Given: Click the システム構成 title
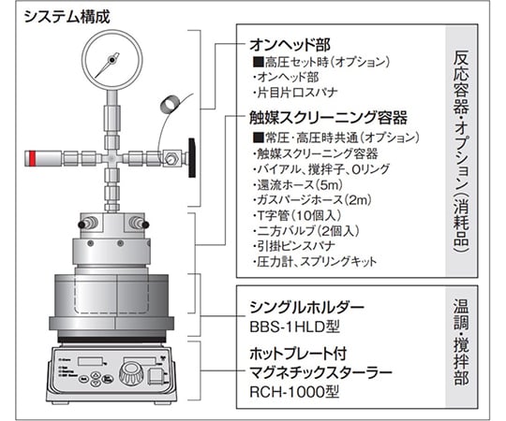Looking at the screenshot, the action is (67, 17).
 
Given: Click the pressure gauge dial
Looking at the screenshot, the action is (112, 60).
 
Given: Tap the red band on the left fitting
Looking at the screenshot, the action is (32, 158).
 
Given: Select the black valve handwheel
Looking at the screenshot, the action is (192, 158).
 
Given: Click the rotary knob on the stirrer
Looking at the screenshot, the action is (131, 373).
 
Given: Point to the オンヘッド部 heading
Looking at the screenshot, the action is (290, 45).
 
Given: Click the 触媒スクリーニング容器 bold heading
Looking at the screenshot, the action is (328, 118).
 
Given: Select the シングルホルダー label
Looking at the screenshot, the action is (307, 308).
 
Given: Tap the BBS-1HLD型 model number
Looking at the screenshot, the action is (294, 327).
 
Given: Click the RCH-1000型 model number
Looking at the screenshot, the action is (294, 392).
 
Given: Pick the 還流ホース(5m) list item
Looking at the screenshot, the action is (298, 185).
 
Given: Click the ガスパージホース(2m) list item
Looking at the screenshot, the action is (312, 200).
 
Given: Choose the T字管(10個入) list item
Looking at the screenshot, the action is (297, 215).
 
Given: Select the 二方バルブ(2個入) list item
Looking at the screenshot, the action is (306, 231).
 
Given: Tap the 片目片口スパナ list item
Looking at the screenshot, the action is (295, 93).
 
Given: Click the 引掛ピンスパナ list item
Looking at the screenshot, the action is (294, 246).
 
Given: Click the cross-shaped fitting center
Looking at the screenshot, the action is (112, 158).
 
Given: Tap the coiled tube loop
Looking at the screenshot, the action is (171, 105).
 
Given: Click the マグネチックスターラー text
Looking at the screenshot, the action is (320, 372).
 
